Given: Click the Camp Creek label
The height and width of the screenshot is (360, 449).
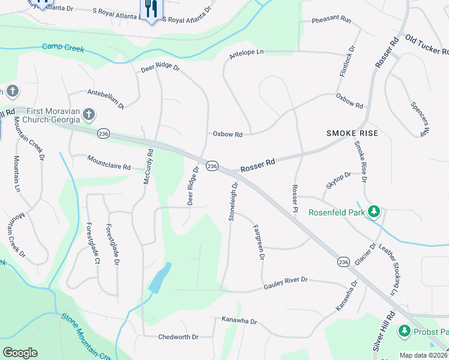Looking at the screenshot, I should [x=63, y=48].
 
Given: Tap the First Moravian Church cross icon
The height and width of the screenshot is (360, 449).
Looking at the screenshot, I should [x=88, y=114].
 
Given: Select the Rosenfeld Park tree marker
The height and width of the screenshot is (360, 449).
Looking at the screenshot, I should [x=374, y=212].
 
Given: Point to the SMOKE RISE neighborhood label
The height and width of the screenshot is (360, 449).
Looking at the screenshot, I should [x=352, y=133].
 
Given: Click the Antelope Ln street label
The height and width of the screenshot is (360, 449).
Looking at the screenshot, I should [x=247, y=53].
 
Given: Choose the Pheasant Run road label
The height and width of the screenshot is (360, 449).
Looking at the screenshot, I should [x=331, y=20].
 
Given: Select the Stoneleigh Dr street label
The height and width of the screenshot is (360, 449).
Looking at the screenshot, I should [x=234, y=202].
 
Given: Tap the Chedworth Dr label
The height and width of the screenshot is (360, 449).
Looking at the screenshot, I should [x=178, y=337].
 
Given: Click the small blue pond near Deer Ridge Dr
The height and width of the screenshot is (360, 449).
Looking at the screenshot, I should [x=157, y=278].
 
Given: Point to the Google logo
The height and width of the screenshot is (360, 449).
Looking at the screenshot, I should [x=20, y=353].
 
